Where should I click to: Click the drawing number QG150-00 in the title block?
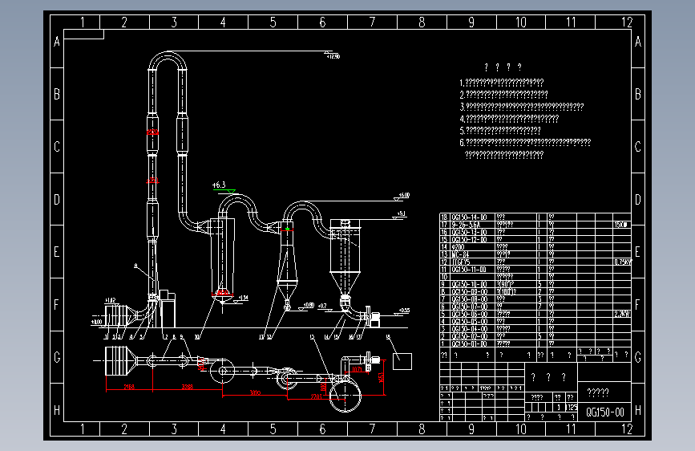pyautogui.click(x=605, y=412)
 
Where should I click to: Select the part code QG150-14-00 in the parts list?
pyautogui.click(x=471, y=217)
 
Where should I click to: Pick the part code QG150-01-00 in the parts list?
pyautogui.click(x=471, y=343)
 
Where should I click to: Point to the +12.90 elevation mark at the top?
pyautogui.click(x=333, y=57)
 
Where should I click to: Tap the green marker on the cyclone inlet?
pyautogui.click(x=288, y=230)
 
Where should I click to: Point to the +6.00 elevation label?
pyautogui.click(x=403, y=195)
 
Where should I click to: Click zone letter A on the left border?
pyautogui.click(x=57, y=42)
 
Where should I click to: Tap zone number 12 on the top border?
pyautogui.click(x=626, y=22)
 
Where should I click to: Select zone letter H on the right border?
pyautogui.click(x=638, y=411)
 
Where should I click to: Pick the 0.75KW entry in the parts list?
pyautogui.click(x=622, y=262)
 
